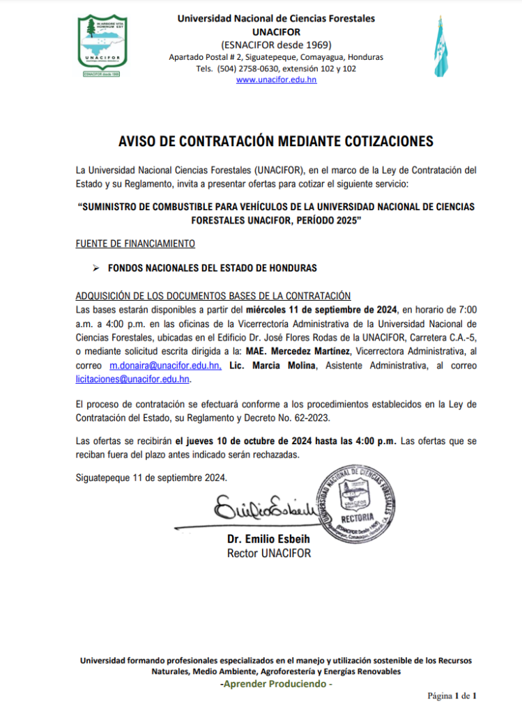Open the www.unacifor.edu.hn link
(x=276, y=80)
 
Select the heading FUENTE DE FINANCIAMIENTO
(x=135, y=244)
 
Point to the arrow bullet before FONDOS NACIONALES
(x=97, y=267)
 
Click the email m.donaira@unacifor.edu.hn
(x=165, y=366)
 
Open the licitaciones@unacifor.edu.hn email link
(x=132, y=379)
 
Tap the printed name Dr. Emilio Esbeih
(x=269, y=540)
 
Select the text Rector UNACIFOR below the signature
(x=269, y=553)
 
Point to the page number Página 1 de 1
(x=452, y=696)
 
